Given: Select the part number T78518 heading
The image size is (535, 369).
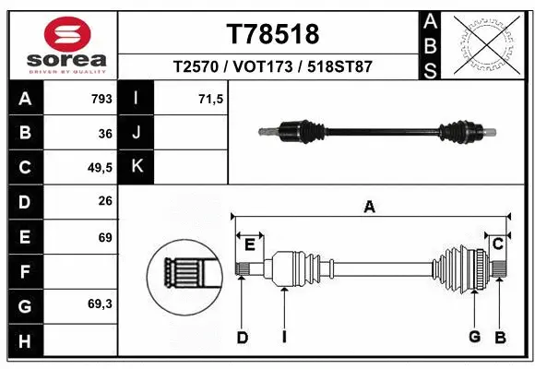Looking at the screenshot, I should pos(272,34).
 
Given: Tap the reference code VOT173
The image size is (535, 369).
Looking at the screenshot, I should pos(272,67).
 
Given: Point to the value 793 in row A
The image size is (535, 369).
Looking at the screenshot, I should pos(101,99).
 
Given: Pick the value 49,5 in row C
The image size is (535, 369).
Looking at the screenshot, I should pos(100,168).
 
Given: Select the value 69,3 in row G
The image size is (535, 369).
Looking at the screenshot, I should pos(100,304).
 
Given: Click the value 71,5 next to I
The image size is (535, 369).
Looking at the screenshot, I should pos(211,99).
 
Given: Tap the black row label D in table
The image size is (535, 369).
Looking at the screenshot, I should pos(24,202).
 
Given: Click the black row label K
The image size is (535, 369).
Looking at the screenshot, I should pos(137,168).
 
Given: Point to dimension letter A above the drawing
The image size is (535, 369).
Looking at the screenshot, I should pos(369,208).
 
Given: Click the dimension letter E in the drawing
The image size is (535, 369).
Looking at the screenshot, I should pos(249,244).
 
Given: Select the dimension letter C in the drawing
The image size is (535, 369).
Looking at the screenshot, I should pos(496,244).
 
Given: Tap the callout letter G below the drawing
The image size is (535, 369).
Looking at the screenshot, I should pos(474,337).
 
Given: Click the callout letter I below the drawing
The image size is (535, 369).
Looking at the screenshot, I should pos(284,338).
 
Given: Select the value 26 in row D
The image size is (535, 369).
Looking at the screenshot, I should pos(104,202).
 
